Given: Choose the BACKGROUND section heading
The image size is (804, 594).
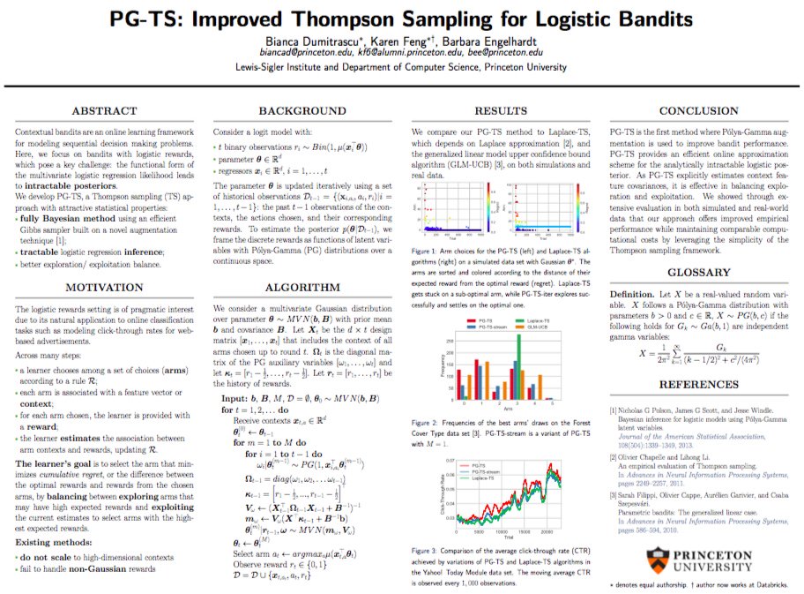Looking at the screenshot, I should click(301, 111).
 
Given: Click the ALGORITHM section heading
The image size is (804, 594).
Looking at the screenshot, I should click(301, 287).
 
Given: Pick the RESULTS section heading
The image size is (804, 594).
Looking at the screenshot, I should click(500, 111).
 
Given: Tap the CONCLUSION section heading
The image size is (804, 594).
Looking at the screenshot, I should click(699, 111).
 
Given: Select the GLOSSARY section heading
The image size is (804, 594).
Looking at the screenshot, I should click(699, 273).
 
